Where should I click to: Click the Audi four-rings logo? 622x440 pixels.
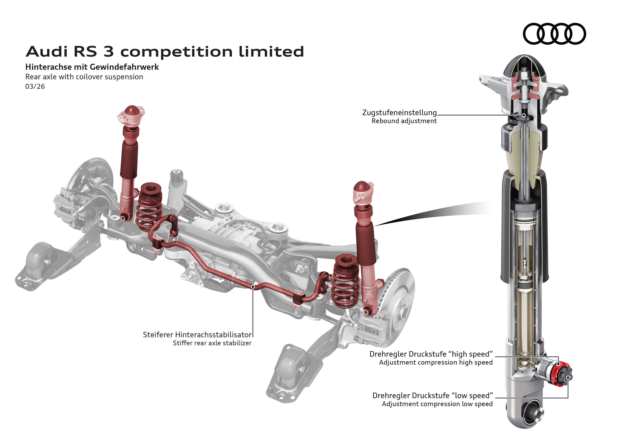click(554, 34)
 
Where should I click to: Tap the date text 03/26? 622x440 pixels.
click(35, 86)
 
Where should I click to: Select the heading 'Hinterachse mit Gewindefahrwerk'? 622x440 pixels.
click(92, 67)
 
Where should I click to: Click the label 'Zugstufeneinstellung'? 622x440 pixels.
click(399, 113)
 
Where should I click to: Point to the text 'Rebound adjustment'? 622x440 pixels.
click(404, 121)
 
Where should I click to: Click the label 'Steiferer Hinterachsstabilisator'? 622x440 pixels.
click(197, 335)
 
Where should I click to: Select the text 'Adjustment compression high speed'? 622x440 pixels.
click(436, 362)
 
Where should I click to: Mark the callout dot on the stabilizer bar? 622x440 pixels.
click(253, 286)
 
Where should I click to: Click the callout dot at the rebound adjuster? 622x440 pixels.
click(524, 115)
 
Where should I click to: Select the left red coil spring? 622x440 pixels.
click(149, 207)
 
